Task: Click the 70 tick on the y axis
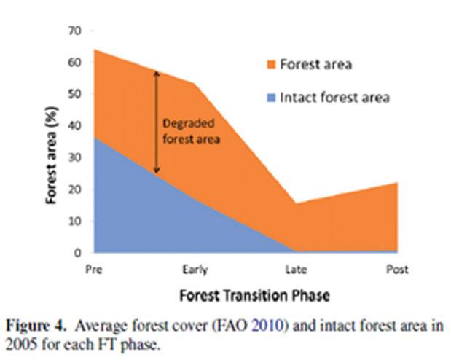pyautogui.click(x=75, y=31)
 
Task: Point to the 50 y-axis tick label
pyautogui.click(x=75, y=94)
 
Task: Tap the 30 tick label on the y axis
pyautogui.click(x=75, y=157)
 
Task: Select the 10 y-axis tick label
pyautogui.click(x=75, y=221)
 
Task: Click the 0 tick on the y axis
pyautogui.click(x=78, y=253)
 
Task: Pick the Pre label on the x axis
pyautogui.click(x=94, y=270)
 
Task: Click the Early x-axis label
pyautogui.click(x=195, y=270)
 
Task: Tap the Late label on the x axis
pyautogui.click(x=297, y=270)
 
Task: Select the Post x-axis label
pyautogui.click(x=397, y=270)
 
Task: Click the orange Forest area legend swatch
pyautogui.click(x=271, y=64)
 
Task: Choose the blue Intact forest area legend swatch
pyautogui.click(x=271, y=98)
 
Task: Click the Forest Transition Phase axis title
pyautogui.click(x=254, y=296)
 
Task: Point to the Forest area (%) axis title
pyautogui.click(x=52, y=155)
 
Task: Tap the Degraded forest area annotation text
pyautogui.click(x=192, y=131)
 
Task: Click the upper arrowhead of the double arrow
pyautogui.click(x=157, y=74)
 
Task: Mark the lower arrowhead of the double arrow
pyautogui.click(x=157, y=171)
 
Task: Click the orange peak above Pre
pyautogui.click(x=95, y=50)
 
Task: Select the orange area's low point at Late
pyautogui.click(x=297, y=204)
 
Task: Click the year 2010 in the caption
pyautogui.click(x=270, y=326)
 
